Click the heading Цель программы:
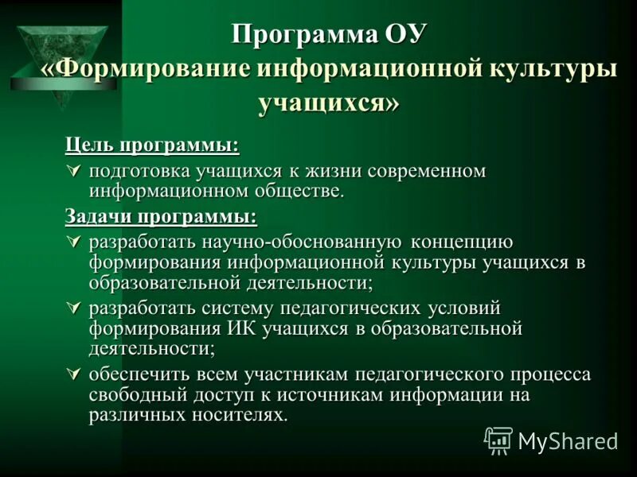tap(151, 146)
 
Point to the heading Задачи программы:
tap(161, 216)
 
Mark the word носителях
tap(236, 415)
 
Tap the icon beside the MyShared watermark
tap(498, 440)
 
